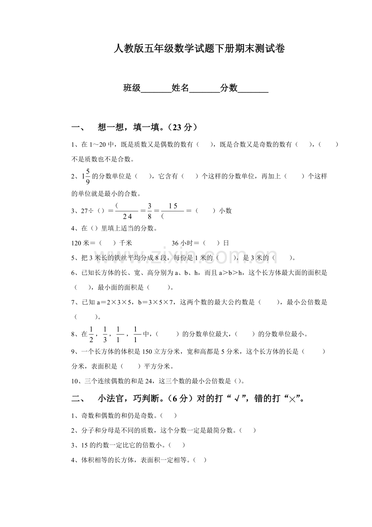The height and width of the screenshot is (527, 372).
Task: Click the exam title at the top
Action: (199, 49)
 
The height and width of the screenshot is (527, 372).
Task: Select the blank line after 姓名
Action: (205, 88)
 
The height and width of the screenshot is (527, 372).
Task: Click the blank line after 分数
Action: (254, 88)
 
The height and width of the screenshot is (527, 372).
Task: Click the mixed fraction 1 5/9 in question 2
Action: (86, 176)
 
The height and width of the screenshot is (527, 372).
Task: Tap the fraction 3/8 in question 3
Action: (149, 211)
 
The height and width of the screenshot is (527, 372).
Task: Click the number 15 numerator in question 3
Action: (173, 206)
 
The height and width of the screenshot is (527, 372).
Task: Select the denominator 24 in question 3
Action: (127, 216)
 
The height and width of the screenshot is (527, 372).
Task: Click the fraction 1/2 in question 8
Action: (91, 334)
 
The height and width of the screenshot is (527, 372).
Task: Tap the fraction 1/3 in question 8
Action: (105, 334)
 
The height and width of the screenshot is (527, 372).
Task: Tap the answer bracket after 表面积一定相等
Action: (200, 460)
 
